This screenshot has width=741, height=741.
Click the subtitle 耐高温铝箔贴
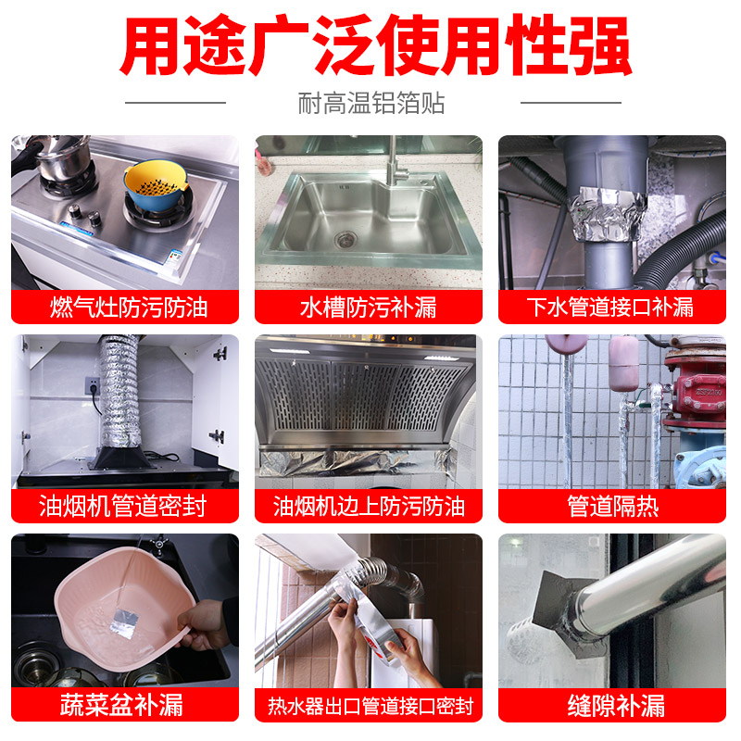370,103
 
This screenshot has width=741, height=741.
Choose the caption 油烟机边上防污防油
369,507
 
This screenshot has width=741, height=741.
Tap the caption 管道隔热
612,507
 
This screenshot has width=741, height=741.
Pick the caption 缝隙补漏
612,706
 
